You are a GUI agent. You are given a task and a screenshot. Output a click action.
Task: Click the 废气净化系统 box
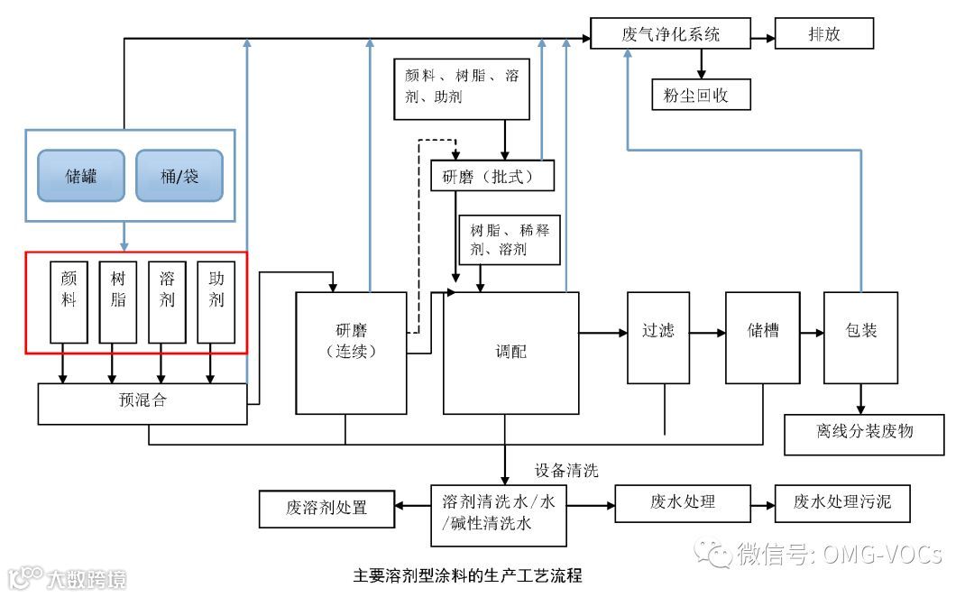tap(671, 35)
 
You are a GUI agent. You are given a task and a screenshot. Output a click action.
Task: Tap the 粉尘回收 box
tap(701, 94)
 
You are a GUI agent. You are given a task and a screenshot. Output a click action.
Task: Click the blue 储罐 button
tap(81, 175)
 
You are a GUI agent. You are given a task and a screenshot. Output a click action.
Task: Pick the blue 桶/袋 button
tap(179, 175)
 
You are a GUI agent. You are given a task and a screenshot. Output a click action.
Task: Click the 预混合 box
tap(142, 402)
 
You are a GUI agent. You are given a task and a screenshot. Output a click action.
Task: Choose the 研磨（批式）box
tap(492, 176)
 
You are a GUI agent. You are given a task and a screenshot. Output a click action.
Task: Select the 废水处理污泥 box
tap(842, 502)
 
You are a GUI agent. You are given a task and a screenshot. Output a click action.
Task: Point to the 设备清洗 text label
tap(566, 471)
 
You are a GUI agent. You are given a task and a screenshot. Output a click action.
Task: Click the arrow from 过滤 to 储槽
tap(708, 333)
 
